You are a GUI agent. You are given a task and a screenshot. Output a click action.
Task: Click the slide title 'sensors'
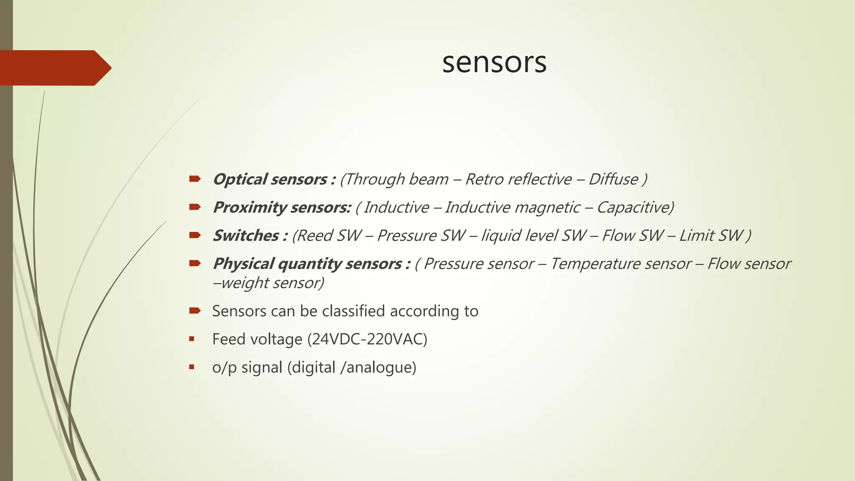pos(494,63)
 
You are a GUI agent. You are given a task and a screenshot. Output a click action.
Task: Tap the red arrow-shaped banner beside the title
pos(54,68)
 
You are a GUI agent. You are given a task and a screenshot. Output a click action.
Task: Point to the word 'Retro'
pos(481,180)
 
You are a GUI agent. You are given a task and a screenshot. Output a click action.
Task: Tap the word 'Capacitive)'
pos(635,208)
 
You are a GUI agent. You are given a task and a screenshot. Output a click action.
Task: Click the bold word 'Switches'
pos(245,235)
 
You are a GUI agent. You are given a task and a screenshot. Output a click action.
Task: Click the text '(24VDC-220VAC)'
pos(367,339)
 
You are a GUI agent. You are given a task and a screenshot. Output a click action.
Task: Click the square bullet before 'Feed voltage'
pos(192,339)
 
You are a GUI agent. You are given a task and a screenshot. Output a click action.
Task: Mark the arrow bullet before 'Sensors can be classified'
pos(195,311)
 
